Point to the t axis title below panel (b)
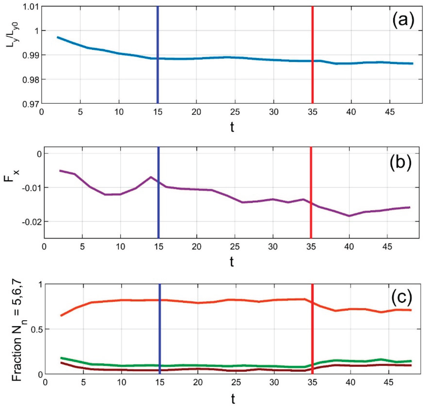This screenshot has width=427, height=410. pos(232,262)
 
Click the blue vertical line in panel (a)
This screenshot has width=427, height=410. pos(158,77)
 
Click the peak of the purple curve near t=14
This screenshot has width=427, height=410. pos(151,177)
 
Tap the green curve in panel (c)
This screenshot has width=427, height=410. pos(205,366)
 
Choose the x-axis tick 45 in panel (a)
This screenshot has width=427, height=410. pos(389,112)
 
